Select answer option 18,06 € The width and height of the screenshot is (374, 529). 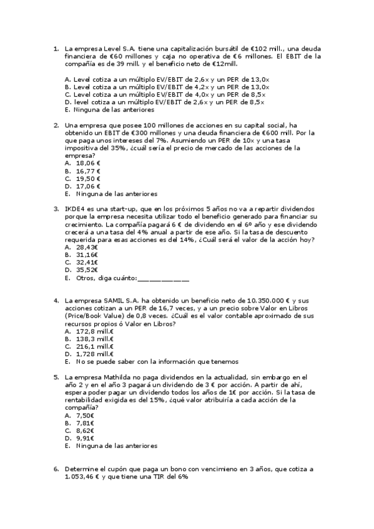click(x=88, y=163)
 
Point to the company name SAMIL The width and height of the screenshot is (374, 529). click(x=116, y=301)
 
